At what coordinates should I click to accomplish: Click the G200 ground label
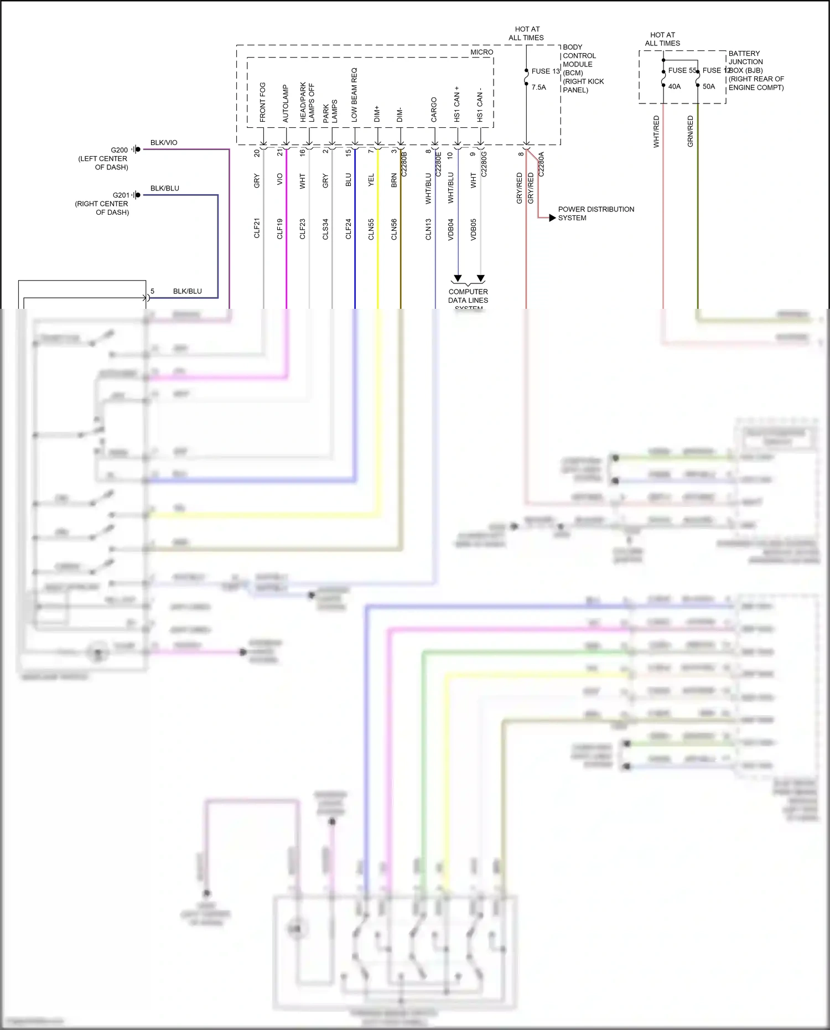tap(119, 150)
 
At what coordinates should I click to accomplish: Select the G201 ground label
tap(121, 195)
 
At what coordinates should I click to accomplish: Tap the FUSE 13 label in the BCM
tap(545, 71)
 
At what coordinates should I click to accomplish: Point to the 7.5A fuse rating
tap(538, 87)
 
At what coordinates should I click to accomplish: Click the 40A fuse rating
tap(674, 86)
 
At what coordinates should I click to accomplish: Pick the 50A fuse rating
tap(708, 86)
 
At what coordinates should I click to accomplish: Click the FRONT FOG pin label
tap(262, 102)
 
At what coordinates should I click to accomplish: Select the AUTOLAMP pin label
tap(286, 103)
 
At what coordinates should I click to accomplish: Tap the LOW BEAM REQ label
tap(354, 95)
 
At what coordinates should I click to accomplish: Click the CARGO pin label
tap(434, 110)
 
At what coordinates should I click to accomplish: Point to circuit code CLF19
tap(279, 229)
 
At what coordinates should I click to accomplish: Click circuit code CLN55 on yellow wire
tap(371, 229)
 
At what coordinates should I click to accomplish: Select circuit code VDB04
tap(450, 229)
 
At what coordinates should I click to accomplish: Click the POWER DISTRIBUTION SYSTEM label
tap(595, 214)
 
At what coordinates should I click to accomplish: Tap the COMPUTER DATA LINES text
tap(468, 296)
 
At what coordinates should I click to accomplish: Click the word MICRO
tap(481, 52)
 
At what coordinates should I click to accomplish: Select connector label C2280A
tap(541, 164)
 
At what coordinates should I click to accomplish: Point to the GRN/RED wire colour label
tap(690, 131)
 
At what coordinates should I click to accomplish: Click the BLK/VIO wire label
tap(164, 143)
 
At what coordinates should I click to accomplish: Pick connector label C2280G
tap(484, 164)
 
